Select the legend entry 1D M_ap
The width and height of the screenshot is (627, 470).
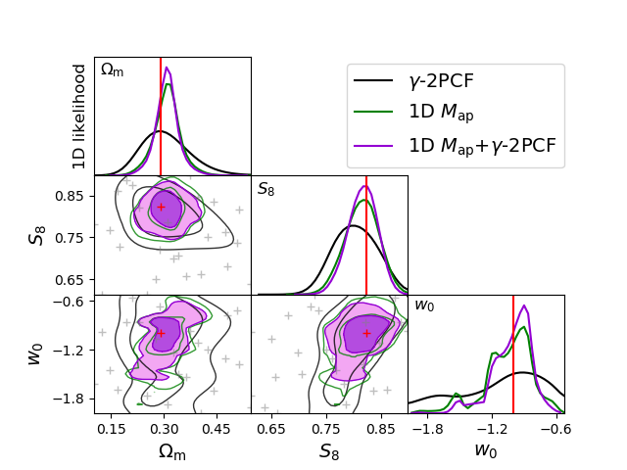[441, 115]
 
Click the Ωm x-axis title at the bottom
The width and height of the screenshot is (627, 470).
[172, 451]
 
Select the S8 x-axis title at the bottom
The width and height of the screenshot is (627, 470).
[329, 451]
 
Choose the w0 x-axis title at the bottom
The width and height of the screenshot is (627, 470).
[486, 451]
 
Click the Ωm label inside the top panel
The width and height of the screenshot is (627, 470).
[113, 70]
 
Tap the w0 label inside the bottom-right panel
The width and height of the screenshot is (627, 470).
[424, 305]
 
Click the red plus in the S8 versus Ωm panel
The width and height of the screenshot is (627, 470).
[161, 207]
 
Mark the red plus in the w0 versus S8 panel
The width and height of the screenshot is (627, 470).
[366, 333]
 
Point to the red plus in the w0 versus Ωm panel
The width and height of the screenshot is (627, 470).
[161, 333]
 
